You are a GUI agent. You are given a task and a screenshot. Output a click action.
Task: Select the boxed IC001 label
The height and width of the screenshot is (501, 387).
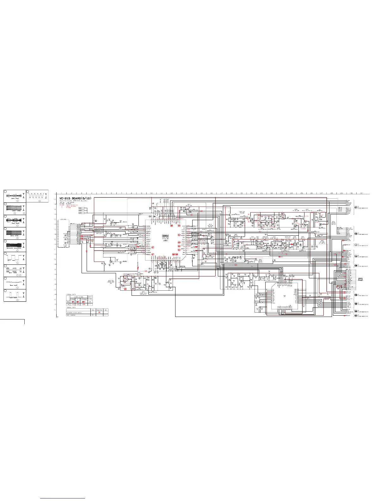165,236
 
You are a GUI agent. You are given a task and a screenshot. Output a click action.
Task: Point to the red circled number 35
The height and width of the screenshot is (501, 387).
179,226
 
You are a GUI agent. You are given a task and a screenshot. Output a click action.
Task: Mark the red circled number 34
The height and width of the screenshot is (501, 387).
179,235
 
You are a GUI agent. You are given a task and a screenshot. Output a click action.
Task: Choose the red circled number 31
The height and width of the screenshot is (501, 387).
179,250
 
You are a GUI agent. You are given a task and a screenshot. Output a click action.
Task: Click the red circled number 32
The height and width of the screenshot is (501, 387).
179,246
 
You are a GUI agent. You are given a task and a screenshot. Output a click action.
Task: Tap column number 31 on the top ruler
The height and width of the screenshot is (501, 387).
361,193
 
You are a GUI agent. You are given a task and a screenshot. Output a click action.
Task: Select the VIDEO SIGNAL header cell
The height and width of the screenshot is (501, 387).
78,296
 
